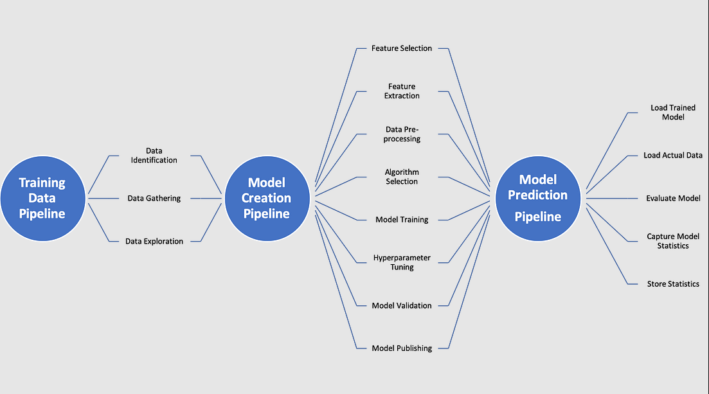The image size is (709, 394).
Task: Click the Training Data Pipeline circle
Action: tap(42, 198)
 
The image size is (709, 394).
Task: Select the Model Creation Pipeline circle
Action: tap(267, 198)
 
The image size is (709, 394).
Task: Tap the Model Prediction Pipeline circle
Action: tap(538, 198)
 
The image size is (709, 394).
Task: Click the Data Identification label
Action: tap(154, 156)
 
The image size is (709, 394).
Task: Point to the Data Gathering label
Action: tap(154, 199)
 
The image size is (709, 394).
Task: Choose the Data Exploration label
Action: tap(154, 242)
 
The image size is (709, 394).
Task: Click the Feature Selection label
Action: tap(402, 48)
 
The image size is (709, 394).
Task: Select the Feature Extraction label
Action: tap(402, 91)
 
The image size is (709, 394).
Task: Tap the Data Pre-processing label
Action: tap(402, 134)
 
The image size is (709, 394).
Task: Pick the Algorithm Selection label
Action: tap(402, 177)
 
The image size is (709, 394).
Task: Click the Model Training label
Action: tap(402, 220)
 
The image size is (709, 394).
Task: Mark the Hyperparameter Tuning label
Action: tap(402, 262)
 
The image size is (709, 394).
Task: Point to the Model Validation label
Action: tap(402, 305)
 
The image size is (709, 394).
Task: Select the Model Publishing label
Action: tap(402, 348)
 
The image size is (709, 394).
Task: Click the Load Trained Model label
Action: tap(673, 112)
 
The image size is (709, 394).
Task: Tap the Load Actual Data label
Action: tap(673, 156)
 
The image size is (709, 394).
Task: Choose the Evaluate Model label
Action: tap(673, 199)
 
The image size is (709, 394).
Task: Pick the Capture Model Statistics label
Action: tap(673, 241)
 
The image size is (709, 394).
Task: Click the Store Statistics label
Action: tap(673, 284)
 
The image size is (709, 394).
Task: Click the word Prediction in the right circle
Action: tap(538, 195)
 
